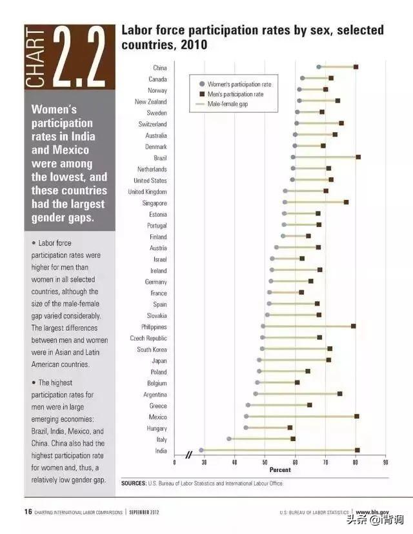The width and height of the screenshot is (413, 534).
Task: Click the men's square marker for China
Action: (x=356, y=67)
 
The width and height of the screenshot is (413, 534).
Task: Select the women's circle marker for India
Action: (x=201, y=450)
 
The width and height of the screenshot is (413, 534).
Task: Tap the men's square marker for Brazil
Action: (x=358, y=157)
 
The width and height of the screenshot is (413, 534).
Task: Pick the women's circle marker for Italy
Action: (x=229, y=439)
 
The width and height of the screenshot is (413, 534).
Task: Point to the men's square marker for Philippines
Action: (x=354, y=326)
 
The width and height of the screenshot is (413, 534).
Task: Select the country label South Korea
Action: (x=152, y=350)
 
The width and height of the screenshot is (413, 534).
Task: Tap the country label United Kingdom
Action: (x=147, y=192)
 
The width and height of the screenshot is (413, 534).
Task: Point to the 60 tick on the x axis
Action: (x=295, y=462)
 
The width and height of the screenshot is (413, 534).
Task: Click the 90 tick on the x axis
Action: (x=385, y=462)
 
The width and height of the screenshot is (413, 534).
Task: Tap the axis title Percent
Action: (x=279, y=470)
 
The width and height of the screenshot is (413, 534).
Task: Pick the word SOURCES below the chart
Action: (x=134, y=483)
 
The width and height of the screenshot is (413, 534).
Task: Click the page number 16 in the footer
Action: (x=28, y=511)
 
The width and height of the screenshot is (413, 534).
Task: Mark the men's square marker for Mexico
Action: (x=356, y=417)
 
